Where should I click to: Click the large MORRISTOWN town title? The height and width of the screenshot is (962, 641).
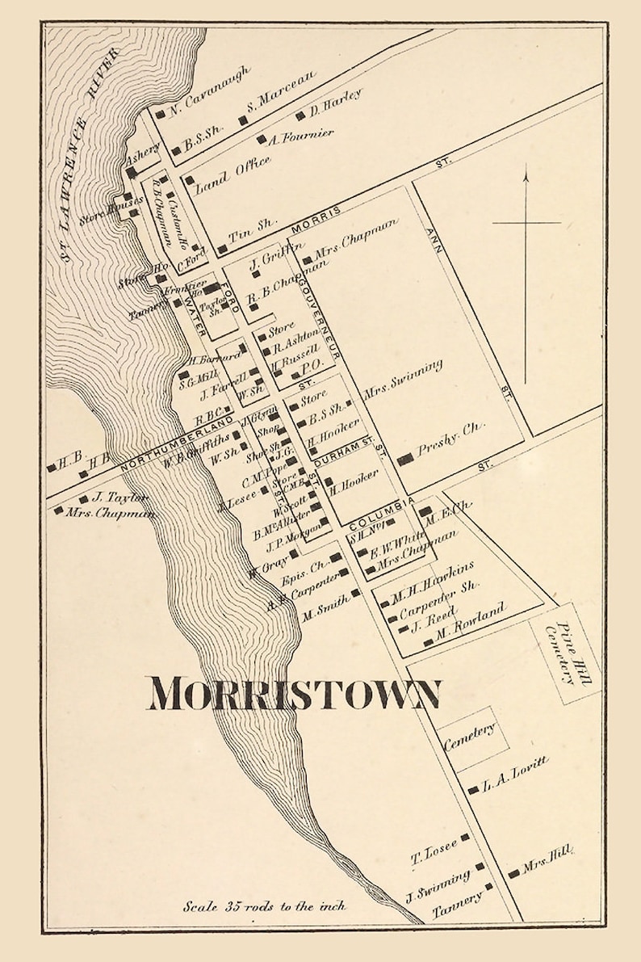[295, 693]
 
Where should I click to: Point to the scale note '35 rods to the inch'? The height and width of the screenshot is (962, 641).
[264, 905]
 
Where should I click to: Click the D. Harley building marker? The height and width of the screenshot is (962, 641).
[302, 115]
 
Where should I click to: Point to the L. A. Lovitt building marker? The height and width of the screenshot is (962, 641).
[472, 790]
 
